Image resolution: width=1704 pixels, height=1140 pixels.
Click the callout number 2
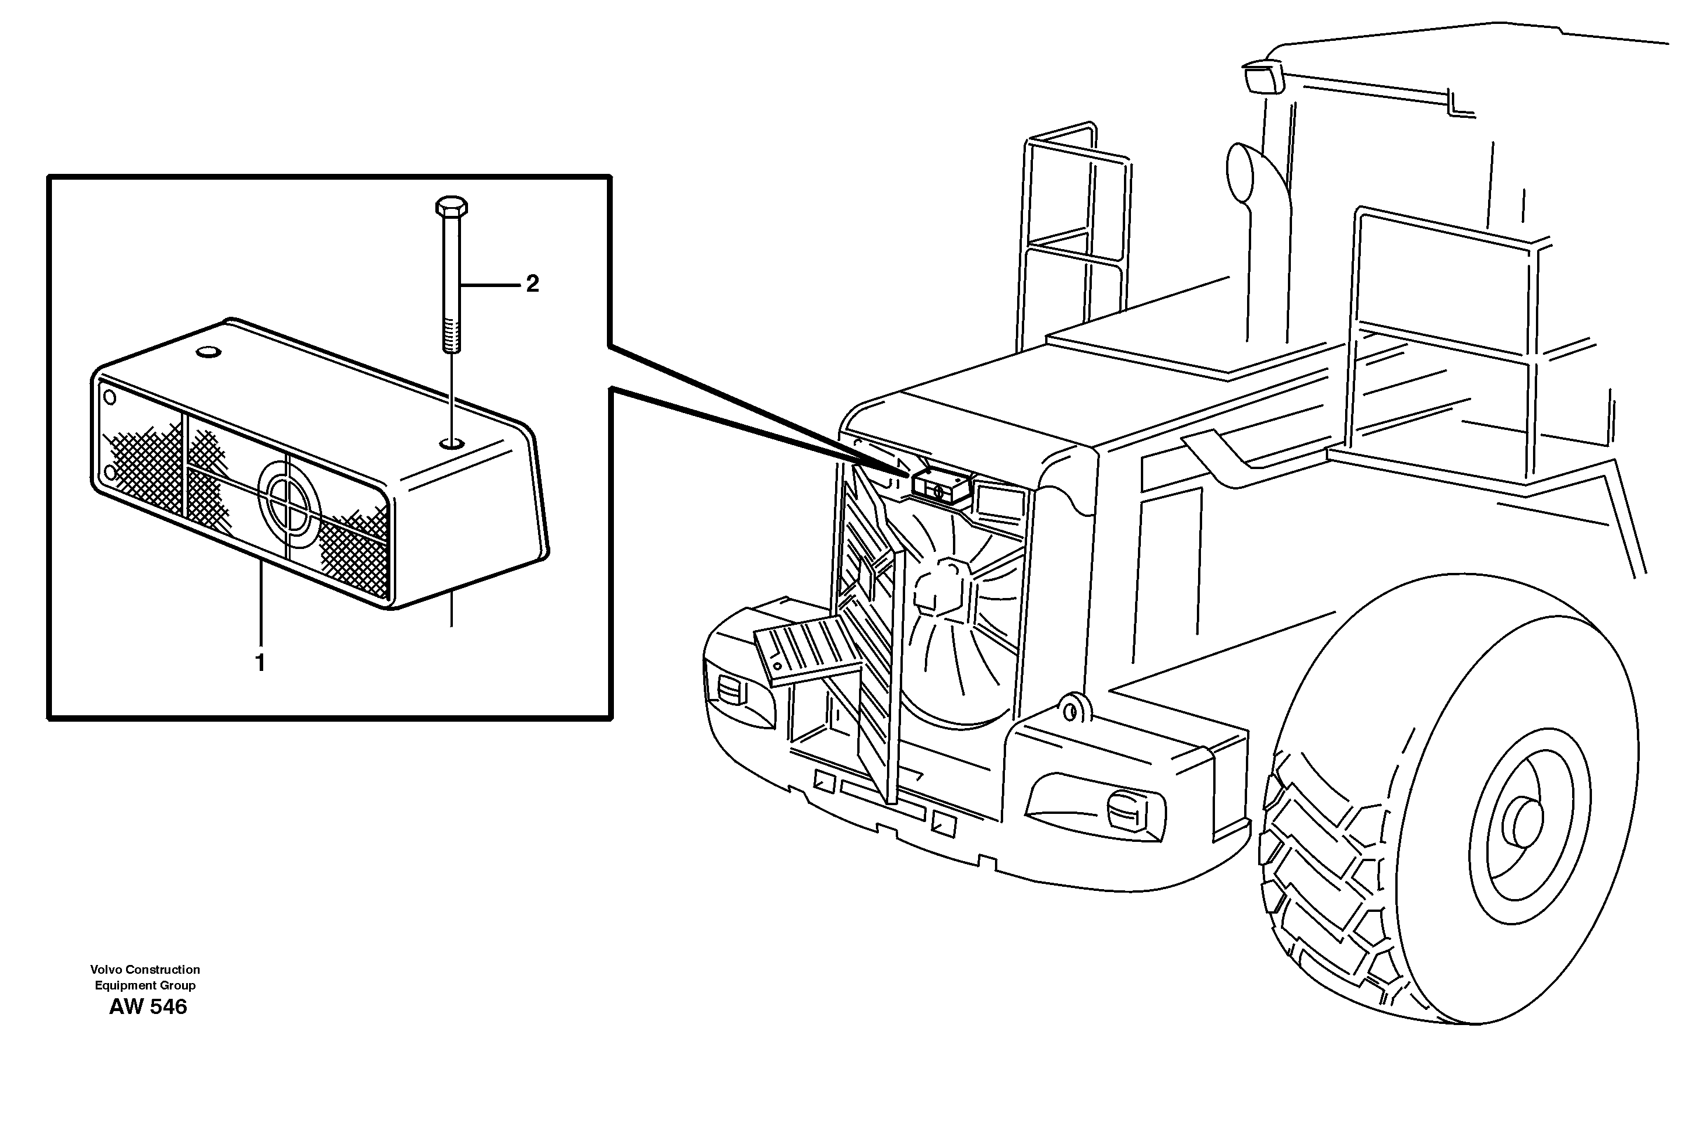tap(532, 284)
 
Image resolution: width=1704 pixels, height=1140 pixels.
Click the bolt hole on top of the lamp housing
tap(452, 442)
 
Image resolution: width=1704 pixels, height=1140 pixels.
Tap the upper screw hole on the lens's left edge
tap(110, 398)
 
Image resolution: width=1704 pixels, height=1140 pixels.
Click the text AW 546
tap(148, 1007)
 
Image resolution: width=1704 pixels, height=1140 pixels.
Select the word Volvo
tap(106, 969)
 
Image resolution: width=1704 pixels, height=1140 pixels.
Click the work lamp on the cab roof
tap(1263, 77)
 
